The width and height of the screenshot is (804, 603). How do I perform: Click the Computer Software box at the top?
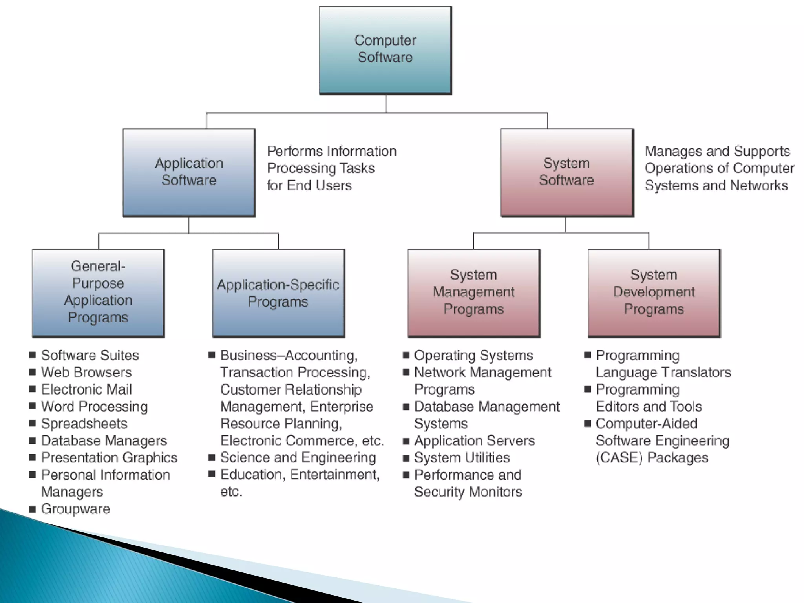coord(385,50)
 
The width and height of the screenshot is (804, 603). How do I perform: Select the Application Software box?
coord(189,172)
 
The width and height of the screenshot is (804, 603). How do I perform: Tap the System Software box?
coord(566,172)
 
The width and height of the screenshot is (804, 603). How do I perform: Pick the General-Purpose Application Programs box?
coord(98,292)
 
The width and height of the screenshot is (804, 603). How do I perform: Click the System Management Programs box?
coord(473,292)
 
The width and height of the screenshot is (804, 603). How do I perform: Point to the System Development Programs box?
coord(654,292)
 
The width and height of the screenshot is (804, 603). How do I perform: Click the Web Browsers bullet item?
coord(86,372)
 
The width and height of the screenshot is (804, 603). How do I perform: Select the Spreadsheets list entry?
coord(84,424)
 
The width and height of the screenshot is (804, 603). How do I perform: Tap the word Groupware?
coord(75,509)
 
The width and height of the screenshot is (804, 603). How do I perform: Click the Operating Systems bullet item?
coord(473,355)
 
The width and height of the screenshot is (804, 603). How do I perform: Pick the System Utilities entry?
coord(462,458)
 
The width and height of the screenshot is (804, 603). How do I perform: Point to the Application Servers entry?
coord(474,440)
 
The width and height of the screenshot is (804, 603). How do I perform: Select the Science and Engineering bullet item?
coord(298,458)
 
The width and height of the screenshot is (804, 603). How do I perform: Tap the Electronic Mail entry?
coord(86,389)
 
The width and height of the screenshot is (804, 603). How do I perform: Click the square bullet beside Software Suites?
coord(33,355)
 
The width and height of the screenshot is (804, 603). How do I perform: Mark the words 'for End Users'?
coord(309,185)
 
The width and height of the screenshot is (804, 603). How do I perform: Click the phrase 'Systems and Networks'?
coord(716,185)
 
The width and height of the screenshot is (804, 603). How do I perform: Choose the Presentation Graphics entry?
coord(109,458)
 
